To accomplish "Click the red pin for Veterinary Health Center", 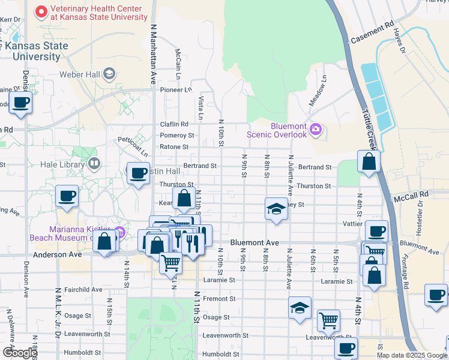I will [x=41, y=11].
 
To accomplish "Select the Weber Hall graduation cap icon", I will [x=109, y=74].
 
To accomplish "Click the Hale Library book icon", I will [x=94, y=164].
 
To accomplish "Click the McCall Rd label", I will [x=412, y=195].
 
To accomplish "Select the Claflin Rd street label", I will [x=174, y=125].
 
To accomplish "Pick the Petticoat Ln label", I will [x=132, y=146].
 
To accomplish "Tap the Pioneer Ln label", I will [x=176, y=89].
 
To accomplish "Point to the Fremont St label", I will [x=219, y=298].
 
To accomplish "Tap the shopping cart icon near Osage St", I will [x=328, y=320].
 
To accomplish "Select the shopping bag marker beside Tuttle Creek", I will [x=369, y=162].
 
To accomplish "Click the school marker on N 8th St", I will [x=276, y=209].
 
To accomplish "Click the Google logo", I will [x=20, y=352].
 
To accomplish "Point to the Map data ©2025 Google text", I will [x=411, y=355].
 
